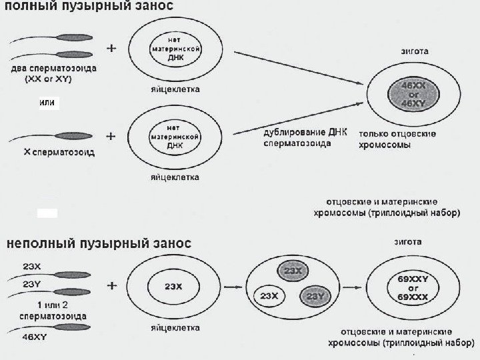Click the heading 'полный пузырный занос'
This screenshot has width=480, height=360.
90,8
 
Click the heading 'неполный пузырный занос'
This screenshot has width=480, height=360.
99,244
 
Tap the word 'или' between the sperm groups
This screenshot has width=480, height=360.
49,103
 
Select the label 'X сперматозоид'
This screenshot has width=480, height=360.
59,152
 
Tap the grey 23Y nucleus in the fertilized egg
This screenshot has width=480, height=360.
315,295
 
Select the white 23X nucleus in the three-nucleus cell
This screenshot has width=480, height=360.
269,295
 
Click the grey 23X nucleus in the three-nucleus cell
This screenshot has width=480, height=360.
291,271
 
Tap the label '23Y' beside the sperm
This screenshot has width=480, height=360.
31,283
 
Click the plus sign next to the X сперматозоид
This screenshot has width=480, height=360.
111,135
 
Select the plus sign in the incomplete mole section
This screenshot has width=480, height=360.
111,285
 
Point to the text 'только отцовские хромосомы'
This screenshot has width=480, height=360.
398,139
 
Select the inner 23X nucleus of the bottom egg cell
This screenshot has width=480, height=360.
173,287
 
